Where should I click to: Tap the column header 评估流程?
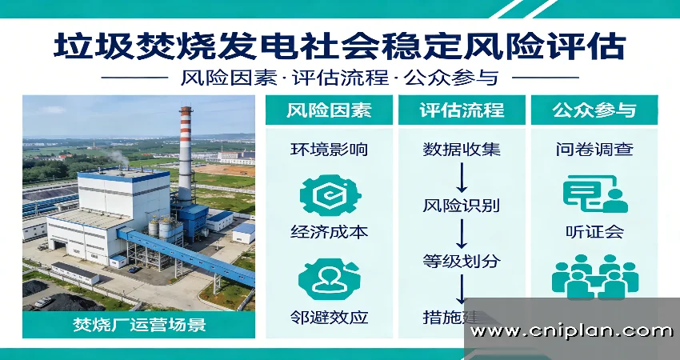click(x=462, y=110)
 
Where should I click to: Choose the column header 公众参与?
click(x=594, y=110)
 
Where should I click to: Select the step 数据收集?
click(x=462, y=150)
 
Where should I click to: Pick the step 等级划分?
click(x=462, y=261)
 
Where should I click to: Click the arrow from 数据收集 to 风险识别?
click(x=462, y=177)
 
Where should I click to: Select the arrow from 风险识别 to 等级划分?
click(x=462, y=233)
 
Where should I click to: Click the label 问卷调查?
click(x=594, y=150)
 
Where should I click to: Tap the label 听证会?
click(x=594, y=233)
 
